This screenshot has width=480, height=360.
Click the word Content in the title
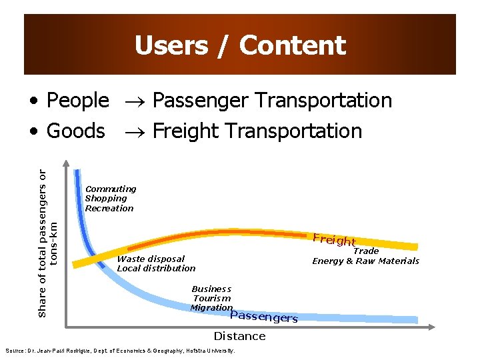tap(293, 45)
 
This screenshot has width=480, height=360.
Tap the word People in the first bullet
tap(77, 100)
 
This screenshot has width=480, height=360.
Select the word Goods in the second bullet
tap(75, 131)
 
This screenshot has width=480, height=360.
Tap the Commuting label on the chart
tap(111, 189)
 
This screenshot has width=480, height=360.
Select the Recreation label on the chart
tap(109, 208)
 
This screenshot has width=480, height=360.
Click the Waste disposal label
tap(151, 259)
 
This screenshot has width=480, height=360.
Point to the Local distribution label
tap(156, 268)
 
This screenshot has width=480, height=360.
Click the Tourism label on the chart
tap(212, 298)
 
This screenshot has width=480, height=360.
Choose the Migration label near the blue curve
tap(211, 307)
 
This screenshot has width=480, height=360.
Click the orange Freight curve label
tap(334, 240)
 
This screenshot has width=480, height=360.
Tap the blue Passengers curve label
tap(263, 317)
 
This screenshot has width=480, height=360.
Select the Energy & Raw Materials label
tap(366, 261)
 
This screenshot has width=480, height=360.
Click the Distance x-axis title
tap(239, 336)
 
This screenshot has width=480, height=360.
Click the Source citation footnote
tap(120, 351)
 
